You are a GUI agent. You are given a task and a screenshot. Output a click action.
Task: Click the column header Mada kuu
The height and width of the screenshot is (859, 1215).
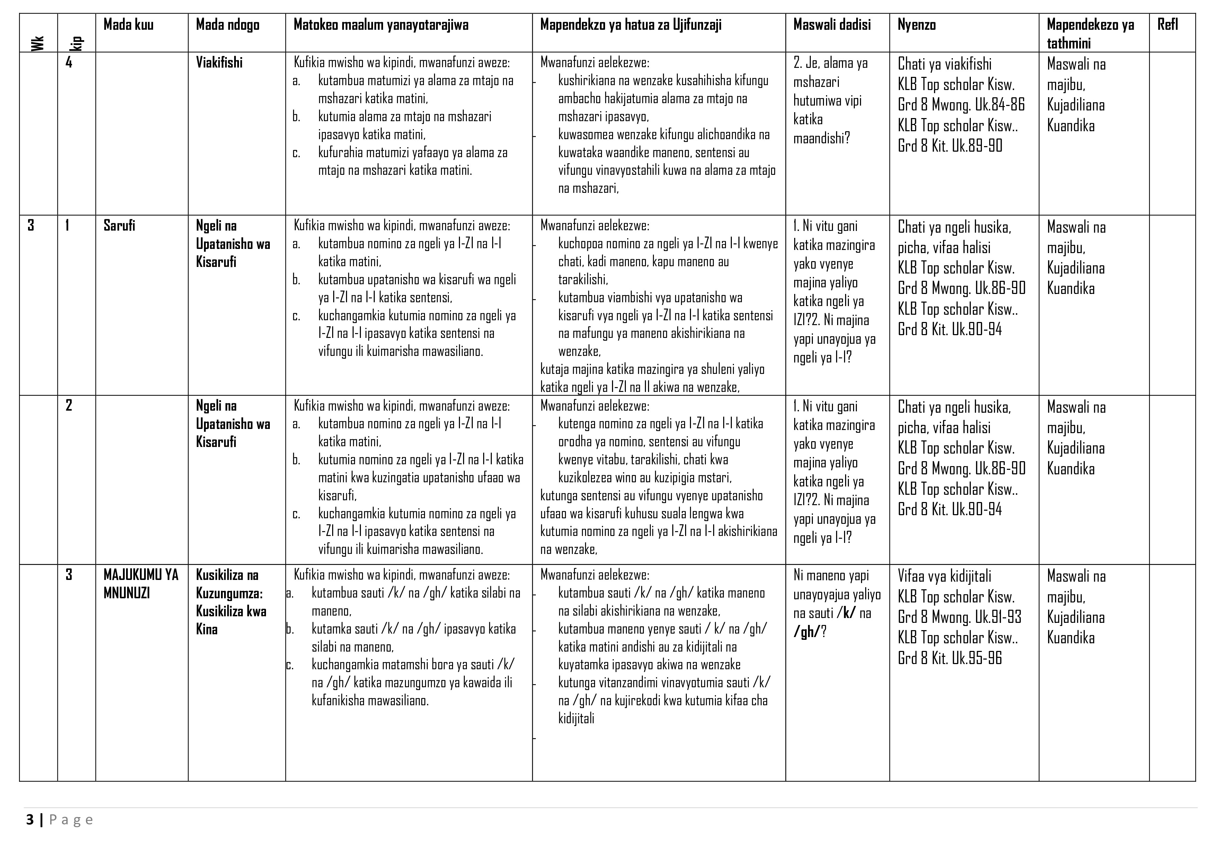(128, 25)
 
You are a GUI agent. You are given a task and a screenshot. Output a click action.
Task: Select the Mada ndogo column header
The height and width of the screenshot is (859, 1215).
(228, 25)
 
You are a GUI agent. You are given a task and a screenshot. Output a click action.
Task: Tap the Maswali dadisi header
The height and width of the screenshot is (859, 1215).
(832, 25)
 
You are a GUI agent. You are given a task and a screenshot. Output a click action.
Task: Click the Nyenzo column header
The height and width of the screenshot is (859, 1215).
(916, 25)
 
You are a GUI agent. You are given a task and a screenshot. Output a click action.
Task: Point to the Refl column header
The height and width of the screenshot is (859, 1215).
(1167, 25)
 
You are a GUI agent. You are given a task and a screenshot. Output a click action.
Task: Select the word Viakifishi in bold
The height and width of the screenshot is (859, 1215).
(219, 63)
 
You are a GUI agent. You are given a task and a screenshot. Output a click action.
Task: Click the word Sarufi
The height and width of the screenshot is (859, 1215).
(119, 226)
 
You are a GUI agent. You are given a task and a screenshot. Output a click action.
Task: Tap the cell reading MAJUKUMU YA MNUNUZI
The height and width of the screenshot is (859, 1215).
(141, 584)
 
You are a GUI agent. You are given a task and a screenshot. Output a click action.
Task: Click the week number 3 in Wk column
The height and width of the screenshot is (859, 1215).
(31, 226)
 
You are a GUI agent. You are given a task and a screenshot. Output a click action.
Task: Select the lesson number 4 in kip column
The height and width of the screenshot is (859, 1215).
(69, 63)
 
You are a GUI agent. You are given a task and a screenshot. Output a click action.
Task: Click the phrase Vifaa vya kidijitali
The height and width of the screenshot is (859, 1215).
(944, 576)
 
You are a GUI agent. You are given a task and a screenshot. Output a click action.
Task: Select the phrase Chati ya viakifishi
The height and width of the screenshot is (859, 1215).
(944, 64)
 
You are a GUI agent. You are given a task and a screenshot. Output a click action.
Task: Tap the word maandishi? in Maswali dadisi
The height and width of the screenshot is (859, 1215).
(821, 138)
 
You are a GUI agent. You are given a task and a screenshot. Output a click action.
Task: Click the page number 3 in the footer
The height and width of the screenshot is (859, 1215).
(30, 820)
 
